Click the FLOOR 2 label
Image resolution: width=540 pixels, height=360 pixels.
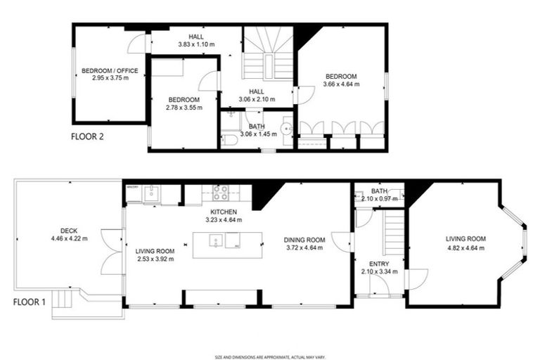pos(88,137)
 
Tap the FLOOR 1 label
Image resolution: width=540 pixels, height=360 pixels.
pos(30,303)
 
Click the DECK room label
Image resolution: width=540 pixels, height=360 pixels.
pos(69,231)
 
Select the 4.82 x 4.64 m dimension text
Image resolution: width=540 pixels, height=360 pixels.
pos(465,247)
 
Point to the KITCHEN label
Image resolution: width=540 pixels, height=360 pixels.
pos(224,212)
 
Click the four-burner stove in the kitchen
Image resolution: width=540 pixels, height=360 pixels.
pos(220,193)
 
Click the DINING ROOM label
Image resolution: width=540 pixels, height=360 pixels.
pos(304,239)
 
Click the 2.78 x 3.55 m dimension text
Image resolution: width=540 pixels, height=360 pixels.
pos(184,108)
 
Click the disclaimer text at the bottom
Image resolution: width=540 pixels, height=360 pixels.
pos(270,356)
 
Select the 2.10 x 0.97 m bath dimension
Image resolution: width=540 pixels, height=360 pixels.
pos(379,198)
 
